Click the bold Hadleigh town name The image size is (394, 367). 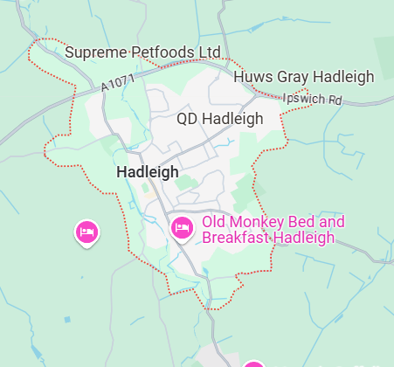pyautogui.click(x=147, y=173)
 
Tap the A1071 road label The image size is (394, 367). pyautogui.click(x=118, y=82)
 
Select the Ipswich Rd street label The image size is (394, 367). pyautogui.click(x=313, y=100)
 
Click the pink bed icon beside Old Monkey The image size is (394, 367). pyautogui.click(x=182, y=228)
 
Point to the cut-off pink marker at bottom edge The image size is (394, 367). pyautogui.click(x=253, y=364)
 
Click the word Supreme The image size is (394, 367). pyautogui.click(x=98, y=53)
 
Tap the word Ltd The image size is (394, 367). pyautogui.click(x=209, y=53)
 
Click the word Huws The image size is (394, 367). pyautogui.click(x=252, y=77)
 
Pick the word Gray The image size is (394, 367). pyautogui.click(x=293, y=77)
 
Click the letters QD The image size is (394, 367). pyautogui.click(x=188, y=118)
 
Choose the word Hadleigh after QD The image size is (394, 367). pyautogui.click(x=232, y=118)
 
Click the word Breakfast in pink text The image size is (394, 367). pyautogui.click(x=234, y=238)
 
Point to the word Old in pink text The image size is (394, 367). pyautogui.click(x=215, y=221)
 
